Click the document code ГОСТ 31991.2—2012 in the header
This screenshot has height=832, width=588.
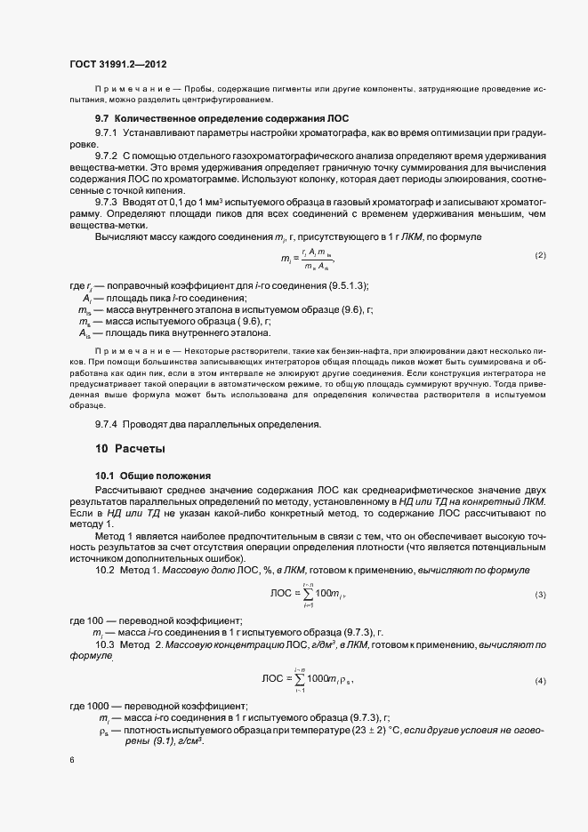[x=117, y=64]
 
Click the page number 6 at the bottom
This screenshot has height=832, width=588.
[x=72, y=761]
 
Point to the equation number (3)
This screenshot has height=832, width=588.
[x=539, y=594]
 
